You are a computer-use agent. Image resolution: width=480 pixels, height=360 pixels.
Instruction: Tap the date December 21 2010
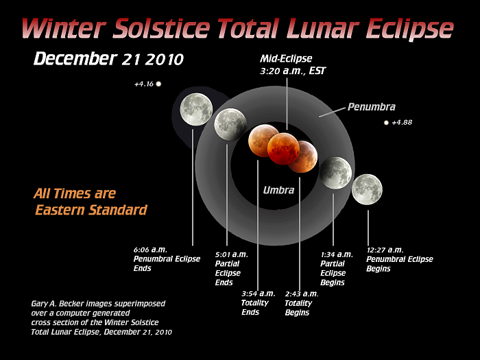[x=108, y=59]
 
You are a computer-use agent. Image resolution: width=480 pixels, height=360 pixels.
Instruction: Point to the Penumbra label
[x=371, y=107]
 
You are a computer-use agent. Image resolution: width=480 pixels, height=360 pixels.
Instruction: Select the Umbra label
[x=278, y=190]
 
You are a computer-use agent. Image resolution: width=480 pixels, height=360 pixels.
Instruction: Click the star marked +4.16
[x=158, y=84]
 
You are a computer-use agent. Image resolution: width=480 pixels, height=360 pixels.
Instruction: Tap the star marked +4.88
[x=386, y=123]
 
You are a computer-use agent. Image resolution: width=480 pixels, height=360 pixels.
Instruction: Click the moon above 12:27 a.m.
[x=367, y=189]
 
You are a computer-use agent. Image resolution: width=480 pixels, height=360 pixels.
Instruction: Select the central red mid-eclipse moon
[x=283, y=149]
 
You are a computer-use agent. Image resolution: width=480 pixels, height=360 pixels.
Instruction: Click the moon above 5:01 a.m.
[x=230, y=124]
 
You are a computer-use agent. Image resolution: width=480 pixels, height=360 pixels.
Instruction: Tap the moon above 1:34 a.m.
[x=335, y=172]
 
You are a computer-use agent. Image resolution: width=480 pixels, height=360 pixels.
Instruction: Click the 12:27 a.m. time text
[x=385, y=250]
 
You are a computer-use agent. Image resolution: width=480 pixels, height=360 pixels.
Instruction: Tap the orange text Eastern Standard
[x=91, y=210]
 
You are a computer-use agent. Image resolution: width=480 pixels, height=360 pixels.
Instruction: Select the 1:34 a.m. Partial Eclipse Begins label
[x=336, y=268]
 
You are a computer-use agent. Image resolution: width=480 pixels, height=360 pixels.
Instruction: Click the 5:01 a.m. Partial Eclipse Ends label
[x=231, y=268]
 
